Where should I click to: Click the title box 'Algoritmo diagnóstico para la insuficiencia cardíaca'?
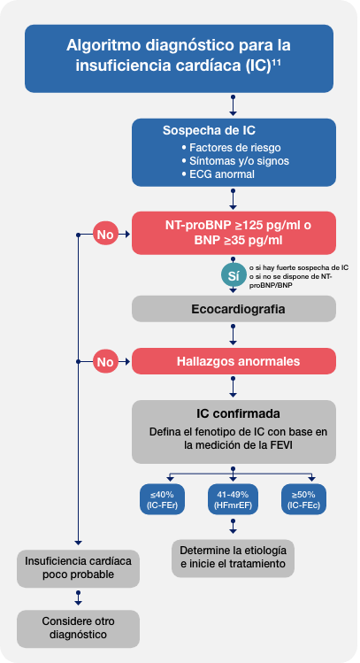pos(179,57)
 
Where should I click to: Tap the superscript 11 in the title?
pos(287,61)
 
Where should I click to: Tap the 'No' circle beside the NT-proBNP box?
pos(105,235)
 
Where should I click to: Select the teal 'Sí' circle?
pos(234,274)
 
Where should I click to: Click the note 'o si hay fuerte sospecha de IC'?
pos(299,266)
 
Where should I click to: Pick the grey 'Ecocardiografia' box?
pos(234,309)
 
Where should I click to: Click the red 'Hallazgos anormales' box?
pos(234,361)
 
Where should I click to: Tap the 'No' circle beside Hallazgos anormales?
pos(105,361)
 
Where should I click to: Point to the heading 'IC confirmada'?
pos(234,413)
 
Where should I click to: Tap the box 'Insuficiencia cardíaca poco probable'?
pos(78,568)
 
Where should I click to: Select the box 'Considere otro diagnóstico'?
pos(78,628)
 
